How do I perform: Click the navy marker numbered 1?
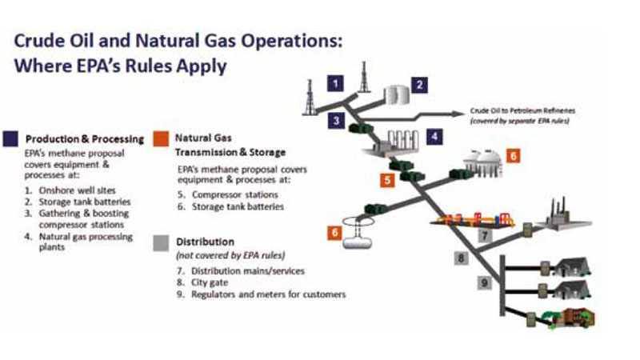[335, 84]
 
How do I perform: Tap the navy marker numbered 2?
[419, 85]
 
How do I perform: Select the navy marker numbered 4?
[434, 136]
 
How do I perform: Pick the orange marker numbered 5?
[387, 179]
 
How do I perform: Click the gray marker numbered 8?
[462, 258]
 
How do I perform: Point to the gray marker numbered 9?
[485, 282]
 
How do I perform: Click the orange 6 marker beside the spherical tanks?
[513, 155]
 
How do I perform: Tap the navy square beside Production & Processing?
[10, 138]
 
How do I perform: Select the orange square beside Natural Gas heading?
[161, 138]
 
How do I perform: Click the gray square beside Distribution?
[161, 243]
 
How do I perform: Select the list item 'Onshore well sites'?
[77, 190]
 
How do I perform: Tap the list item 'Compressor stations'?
[235, 194]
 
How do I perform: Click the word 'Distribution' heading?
[205, 242]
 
